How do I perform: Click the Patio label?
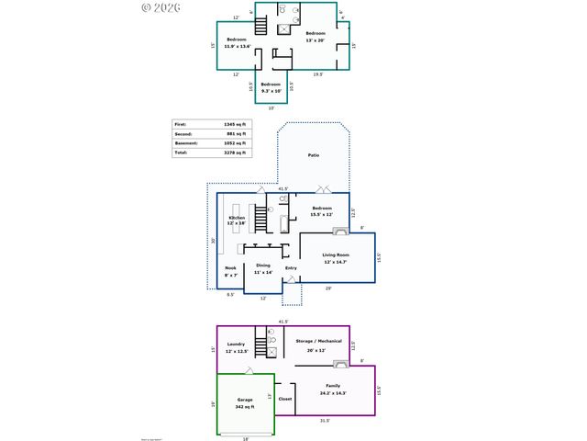click(314, 156)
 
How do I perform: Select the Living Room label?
click(337, 254)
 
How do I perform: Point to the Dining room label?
click(263, 266)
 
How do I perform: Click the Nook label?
click(230, 268)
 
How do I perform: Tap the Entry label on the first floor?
click(291, 268)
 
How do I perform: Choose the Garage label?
click(245, 400)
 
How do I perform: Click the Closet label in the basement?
click(284, 400)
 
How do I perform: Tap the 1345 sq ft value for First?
click(235, 124)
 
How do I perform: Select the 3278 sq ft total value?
click(235, 153)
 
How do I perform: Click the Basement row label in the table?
click(187, 143)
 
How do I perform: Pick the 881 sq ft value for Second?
click(236, 133)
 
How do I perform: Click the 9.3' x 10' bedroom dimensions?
click(271, 91)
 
